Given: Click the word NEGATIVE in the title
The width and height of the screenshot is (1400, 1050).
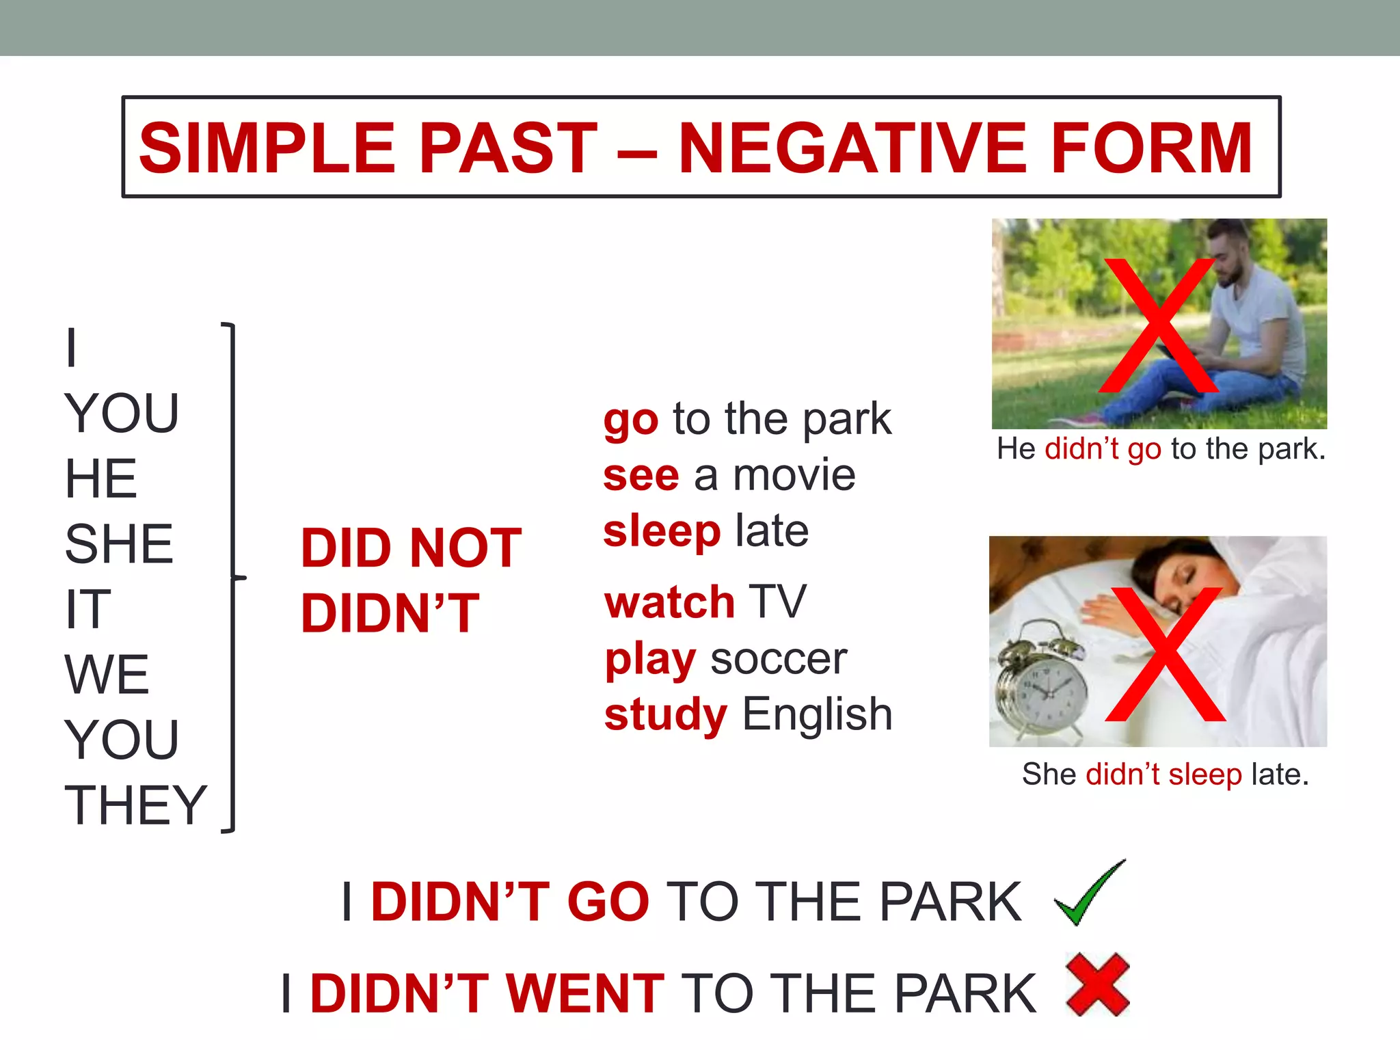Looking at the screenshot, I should point(852,148).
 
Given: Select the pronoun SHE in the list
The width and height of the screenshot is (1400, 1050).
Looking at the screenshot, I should point(119,544).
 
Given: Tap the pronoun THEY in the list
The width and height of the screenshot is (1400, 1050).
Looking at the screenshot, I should point(135,805).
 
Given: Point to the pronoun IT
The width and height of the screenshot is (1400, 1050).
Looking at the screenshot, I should point(87,609).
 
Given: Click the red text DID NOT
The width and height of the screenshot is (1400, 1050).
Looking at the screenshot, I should point(412,548).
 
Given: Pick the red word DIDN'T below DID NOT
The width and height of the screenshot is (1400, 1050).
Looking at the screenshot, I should point(390,613).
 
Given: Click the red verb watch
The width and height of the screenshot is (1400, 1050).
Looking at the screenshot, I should point(670,602).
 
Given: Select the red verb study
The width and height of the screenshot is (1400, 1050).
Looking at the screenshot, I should point(666,715).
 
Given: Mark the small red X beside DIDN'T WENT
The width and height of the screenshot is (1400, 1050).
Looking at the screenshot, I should point(1098,984).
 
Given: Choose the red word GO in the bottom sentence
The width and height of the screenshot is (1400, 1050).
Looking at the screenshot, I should point(608,902).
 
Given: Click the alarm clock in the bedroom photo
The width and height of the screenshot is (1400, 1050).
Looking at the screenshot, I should point(1040,684).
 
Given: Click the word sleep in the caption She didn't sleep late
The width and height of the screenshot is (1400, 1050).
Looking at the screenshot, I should point(1204,775).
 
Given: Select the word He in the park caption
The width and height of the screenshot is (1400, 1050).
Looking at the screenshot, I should point(1016,449).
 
